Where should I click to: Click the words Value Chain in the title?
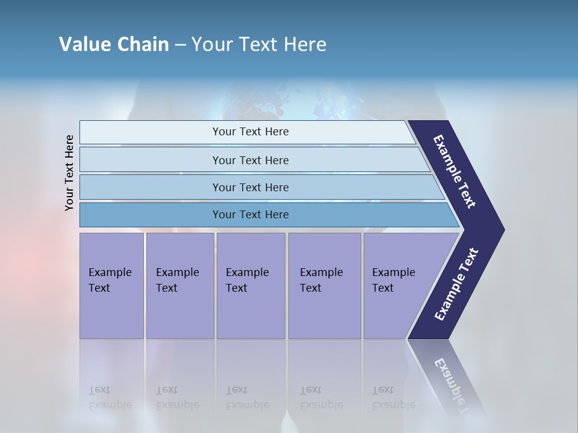point(114,45)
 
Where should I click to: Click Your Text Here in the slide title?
point(259,45)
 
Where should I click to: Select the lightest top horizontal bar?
point(151,132)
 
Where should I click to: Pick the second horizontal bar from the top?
point(151,160)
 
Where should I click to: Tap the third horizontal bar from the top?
point(151,187)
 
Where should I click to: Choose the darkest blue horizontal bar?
point(151,215)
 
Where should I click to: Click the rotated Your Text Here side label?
point(69,173)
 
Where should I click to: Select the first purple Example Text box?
point(111,286)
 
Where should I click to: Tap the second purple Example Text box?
point(179,286)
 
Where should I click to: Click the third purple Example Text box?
point(250,286)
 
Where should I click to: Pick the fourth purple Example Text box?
point(324,286)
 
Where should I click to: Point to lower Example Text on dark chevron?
point(456,284)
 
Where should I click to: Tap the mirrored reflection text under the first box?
point(110,398)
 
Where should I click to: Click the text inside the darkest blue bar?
point(250,215)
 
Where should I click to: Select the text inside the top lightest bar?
point(250,132)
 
